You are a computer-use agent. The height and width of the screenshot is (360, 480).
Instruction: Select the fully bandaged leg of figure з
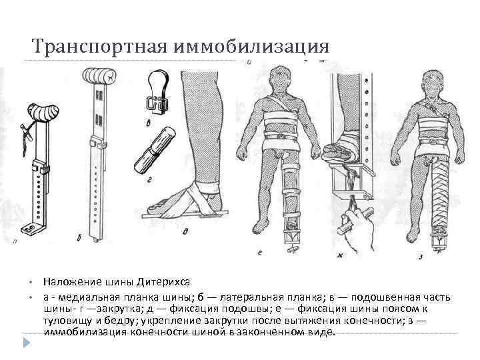440,190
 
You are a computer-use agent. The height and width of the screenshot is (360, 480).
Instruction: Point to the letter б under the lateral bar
79,237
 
